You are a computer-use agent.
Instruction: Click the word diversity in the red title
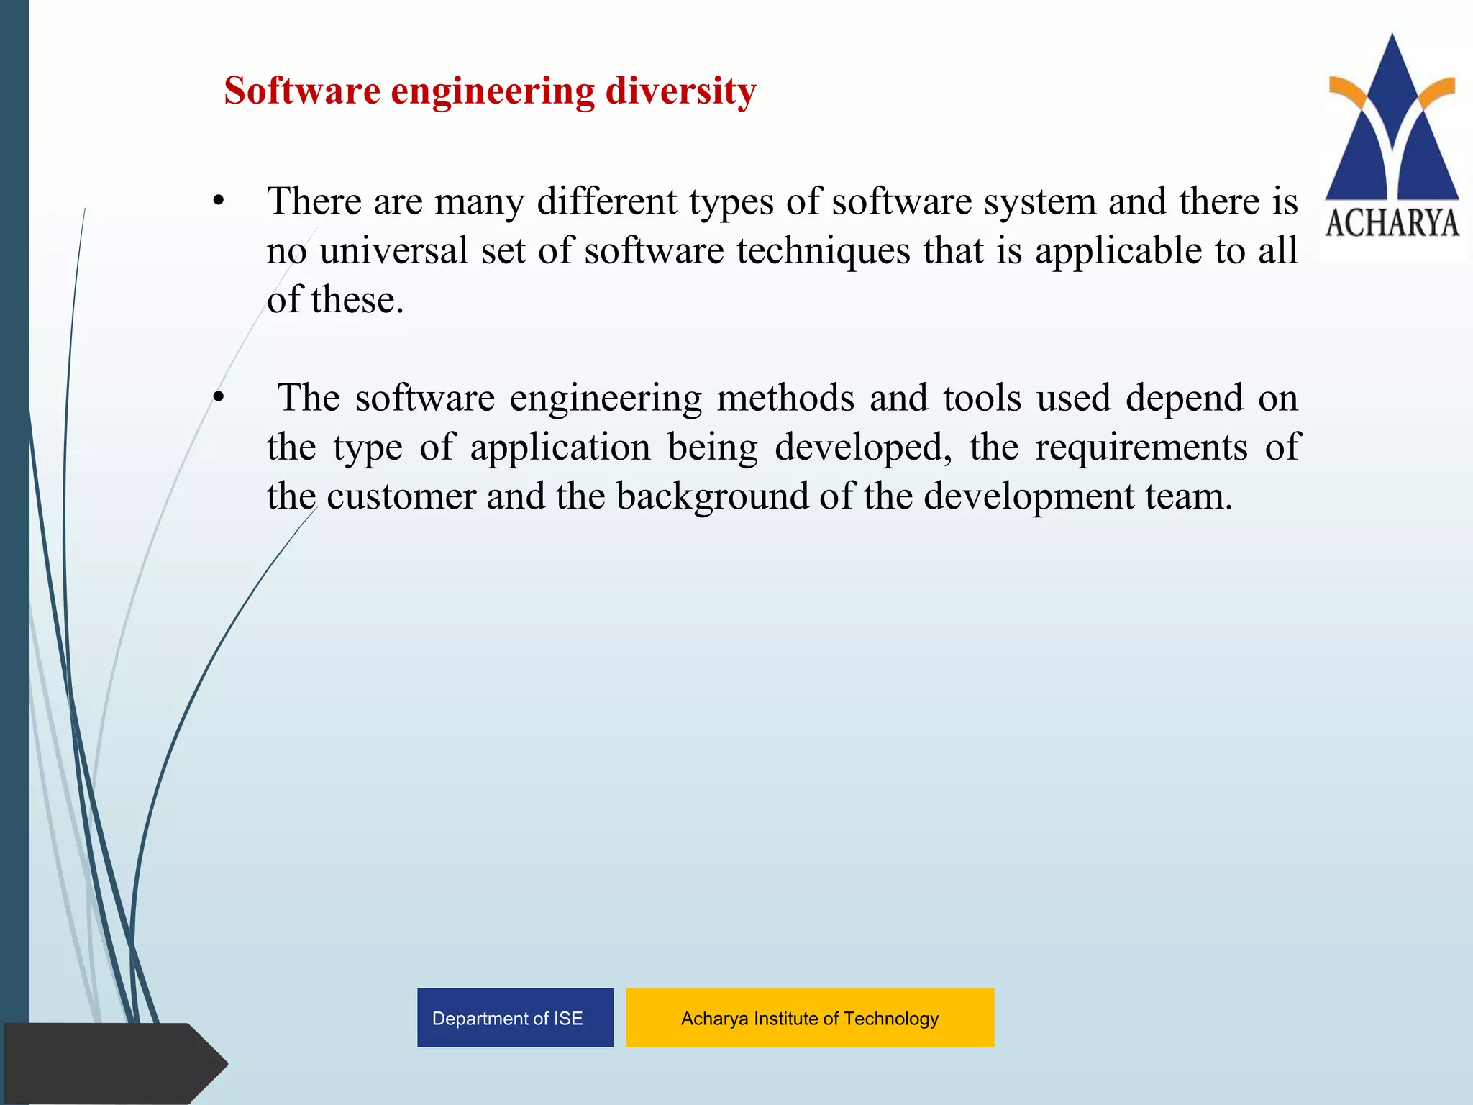click(x=680, y=91)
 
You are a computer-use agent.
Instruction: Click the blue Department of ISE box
click(x=515, y=1017)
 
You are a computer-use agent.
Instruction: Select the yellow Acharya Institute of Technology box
click(x=810, y=1017)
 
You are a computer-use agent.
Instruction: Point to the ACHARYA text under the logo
click(x=1392, y=223)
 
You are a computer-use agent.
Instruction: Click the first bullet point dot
click(x=219, y=201)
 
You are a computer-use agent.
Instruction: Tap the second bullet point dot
click(x=219, y=397)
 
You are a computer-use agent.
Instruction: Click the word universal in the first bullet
click(x=393, y=250)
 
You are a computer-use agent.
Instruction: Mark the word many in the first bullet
click(x=479, y=201)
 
